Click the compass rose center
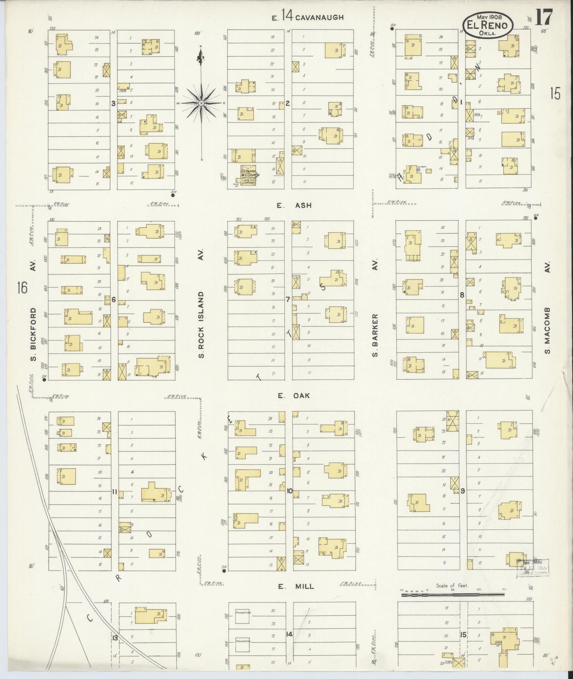point(201,103)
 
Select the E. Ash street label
point(294,205)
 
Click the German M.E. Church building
point(248,175)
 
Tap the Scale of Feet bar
point(452,594)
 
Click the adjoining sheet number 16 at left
point(22,287)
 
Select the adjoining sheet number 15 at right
point(555,94)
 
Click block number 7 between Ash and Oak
point(288,299)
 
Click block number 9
point(462,491)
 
